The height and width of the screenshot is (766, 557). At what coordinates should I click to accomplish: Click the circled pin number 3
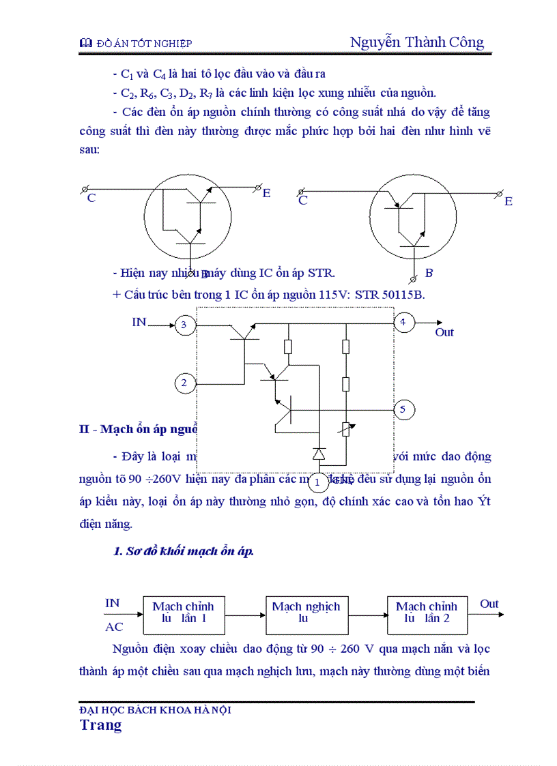point(184,325)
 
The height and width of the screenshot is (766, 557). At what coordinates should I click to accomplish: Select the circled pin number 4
point(404,322)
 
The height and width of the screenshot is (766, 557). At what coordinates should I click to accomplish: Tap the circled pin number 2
point(184,383)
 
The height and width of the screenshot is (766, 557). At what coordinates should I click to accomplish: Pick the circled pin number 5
point(403,409)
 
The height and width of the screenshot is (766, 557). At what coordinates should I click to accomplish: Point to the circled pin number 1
point(317,482)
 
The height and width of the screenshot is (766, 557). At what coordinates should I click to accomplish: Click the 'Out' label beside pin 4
point(444,333)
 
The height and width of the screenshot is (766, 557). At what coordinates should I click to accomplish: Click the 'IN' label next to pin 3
point(139,322)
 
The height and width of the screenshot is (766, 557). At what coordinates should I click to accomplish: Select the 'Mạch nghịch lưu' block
point(306,613)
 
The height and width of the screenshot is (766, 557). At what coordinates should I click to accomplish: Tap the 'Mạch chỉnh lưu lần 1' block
point(183,613)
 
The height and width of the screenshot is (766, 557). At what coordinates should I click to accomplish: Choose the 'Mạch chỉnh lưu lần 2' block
point(427,613)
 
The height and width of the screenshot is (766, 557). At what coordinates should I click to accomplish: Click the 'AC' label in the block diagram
point(114,627)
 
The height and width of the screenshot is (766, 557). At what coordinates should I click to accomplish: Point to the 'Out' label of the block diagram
point(489,604)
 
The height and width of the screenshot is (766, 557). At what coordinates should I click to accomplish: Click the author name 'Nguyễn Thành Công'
point(416,42)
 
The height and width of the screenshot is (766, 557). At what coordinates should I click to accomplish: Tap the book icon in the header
point(85,44)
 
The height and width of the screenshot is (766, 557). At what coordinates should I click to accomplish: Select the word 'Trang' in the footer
point(100,724)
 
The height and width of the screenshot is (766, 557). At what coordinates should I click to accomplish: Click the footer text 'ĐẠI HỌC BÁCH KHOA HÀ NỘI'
point(156,709)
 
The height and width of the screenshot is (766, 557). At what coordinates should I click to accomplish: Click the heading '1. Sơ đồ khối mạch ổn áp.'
point(183,551)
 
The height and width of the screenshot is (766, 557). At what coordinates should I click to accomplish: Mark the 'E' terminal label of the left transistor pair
point(266,194)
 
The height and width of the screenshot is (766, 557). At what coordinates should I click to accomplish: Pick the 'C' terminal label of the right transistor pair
point(303,201)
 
